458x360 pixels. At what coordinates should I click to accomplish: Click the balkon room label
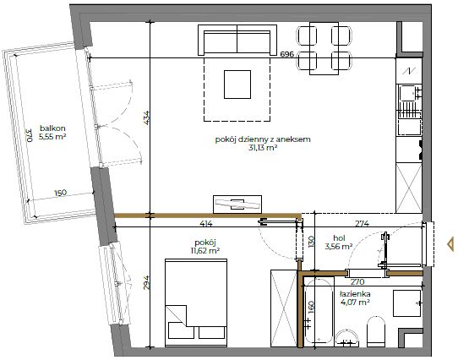pyautogui.click(x=52, y=128)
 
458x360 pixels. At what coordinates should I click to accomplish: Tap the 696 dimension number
pyautogui.click(x=286, y=54)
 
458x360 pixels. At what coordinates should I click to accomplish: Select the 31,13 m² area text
pyautogui.click(x=263, y=148)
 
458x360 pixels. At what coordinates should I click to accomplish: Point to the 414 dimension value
pyautogui.click(x=206, y=224)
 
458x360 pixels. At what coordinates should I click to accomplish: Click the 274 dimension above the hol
pyautogui.click(x=362, y=224)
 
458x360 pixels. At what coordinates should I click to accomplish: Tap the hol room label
pyautogui.click(x=339, y=238)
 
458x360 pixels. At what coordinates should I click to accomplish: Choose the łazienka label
pyautogui.click(x=355, y=294)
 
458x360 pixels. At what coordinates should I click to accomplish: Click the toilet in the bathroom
pyautogui.click(x=376, y=331)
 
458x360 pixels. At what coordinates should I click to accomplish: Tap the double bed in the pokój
pyautogui.click(x=196, y=303)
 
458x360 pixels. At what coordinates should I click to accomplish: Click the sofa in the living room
pyautogui.click(x=237, y=40)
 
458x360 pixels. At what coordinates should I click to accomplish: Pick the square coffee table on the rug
pyautogui.click(x=237, y=85)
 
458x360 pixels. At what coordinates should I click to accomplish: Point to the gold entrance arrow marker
pyautogui.click(x=450, y=244)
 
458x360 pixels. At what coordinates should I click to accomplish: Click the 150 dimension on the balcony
pyautogui.click(x=60, y=193)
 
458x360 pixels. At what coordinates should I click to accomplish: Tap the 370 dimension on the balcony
pyautogui.click(x=28, y=135)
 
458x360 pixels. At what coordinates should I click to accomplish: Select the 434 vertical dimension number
pyautogui.click(x=147, y=118)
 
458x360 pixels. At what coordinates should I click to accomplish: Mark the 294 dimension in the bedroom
pyautogui.click(x=147, y=282)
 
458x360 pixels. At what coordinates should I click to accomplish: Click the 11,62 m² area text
pyautogui.click(x=205, y=250)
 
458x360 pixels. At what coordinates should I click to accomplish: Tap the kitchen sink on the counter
pyautogui.click(x=409, y=93)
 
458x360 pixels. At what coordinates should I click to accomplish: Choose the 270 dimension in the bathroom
pyautogui.click(x=357, y=282)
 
